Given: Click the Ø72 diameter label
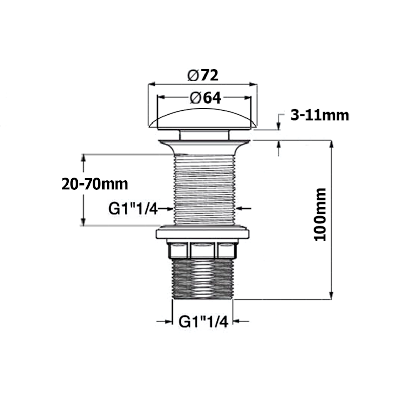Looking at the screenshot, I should [x=203, y=75].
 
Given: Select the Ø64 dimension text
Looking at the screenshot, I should [x=205, y=98].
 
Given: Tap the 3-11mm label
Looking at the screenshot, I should [x=319, y=115].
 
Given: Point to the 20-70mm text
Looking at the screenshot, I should [x=94, y=183].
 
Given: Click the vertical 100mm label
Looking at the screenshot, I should [x=319, y=215].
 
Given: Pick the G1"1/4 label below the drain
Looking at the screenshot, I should [x=202, y=322].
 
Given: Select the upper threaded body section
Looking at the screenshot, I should [x=204, y=190].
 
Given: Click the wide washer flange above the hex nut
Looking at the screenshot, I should [x=202, y=234].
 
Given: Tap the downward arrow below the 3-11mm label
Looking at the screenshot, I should [x=279, y=126].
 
